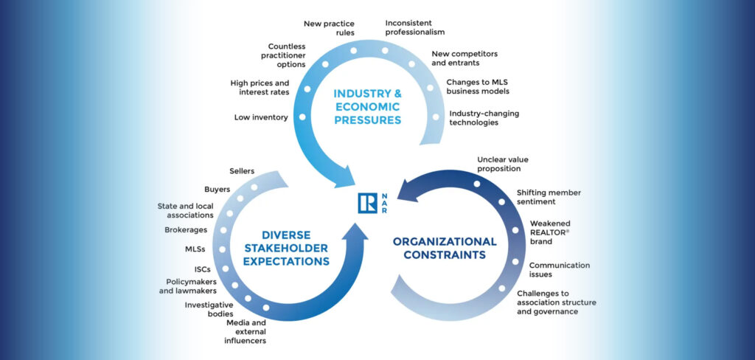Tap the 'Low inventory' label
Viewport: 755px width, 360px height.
(x=260, y=117)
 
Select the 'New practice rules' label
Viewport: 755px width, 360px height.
(x=329, y=28)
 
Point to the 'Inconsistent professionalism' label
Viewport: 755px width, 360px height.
(x=415, y=28)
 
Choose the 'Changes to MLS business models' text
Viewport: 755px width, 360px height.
(x=478, y=86)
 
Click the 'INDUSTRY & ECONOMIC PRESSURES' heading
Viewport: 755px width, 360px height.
(x=367, y=107)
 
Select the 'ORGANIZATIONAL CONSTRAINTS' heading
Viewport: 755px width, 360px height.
(x=445, y=249)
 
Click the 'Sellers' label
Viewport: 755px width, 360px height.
(x=242, y=171)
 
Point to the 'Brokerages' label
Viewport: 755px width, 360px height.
(x=185, y=229)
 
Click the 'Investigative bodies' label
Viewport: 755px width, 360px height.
(x=209, y=309)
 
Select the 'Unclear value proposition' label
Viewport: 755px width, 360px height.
(x=504, y=164)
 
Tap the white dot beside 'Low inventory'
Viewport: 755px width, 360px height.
(x=302, y=117)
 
